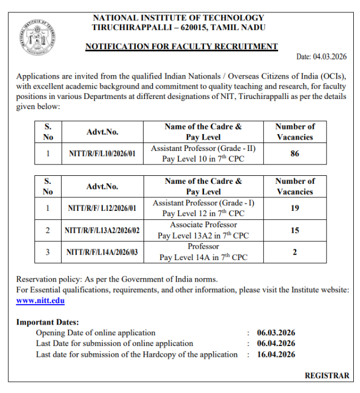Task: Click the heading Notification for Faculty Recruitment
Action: coord(181,46)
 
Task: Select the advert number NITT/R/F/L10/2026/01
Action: coord(102,153)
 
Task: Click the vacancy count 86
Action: coord(294,153)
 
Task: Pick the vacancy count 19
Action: coord(294,208)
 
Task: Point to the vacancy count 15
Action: coord(294,230)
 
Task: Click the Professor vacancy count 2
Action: coord(294,252)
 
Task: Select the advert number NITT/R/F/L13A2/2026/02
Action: coord(102,230)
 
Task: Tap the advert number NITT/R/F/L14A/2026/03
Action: coord(102,252)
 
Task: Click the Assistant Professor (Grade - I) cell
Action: coord(203,208)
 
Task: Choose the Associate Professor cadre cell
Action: coord(203,230)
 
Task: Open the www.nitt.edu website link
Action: coord(40,301)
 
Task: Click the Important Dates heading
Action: coord(48,322)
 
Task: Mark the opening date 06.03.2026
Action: coord(276,333)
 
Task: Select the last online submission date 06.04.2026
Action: coord(276,344)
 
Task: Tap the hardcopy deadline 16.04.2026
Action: coord(276,355)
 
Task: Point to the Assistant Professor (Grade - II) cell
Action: coord(203,153)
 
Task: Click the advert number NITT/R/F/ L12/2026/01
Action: coord(102,208)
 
